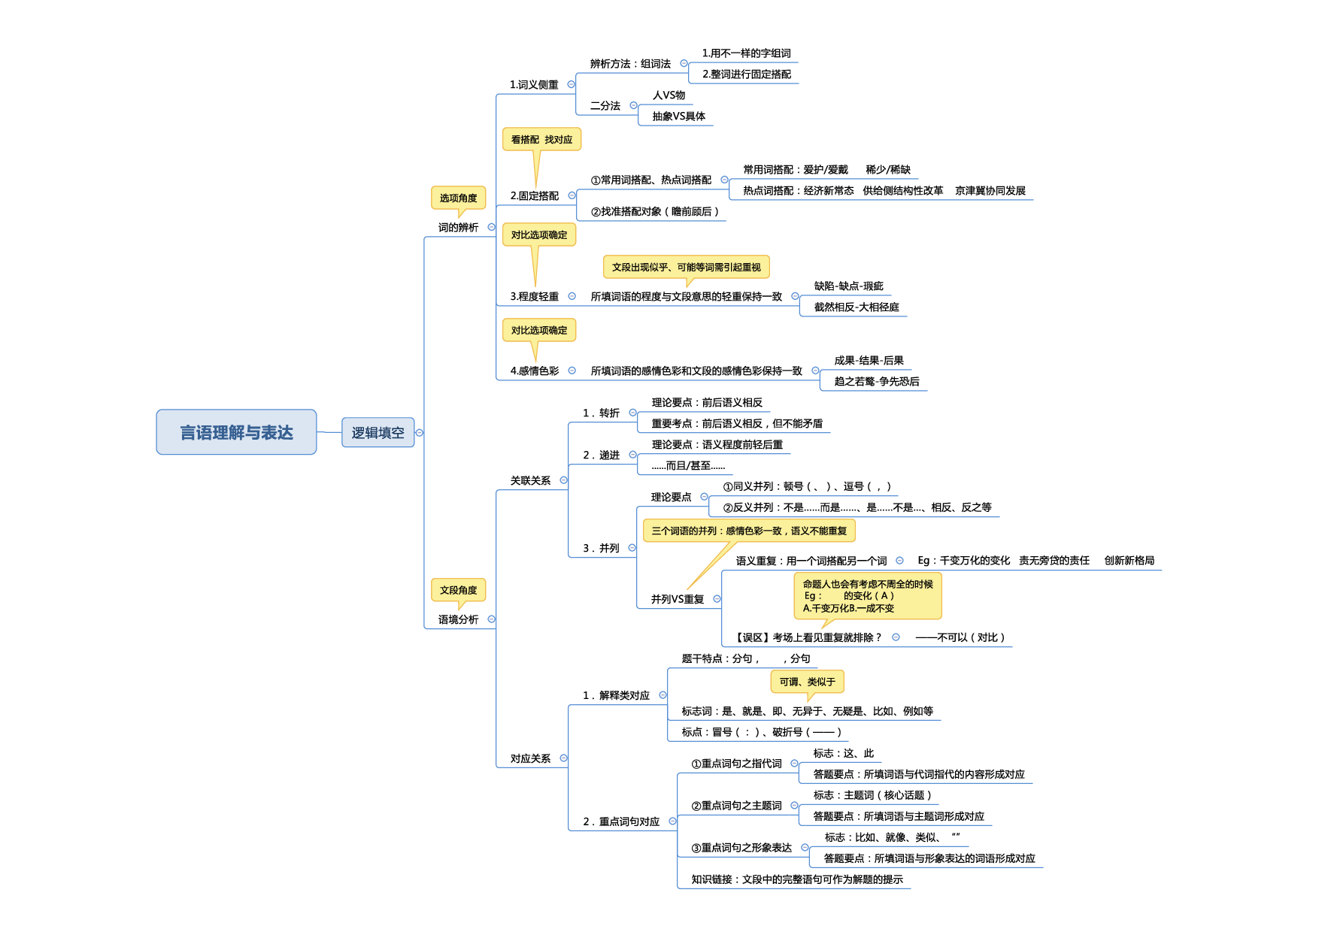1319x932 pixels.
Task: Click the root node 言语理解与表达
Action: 236,432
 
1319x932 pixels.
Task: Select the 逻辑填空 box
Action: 378,432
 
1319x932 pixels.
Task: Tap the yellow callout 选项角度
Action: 458,198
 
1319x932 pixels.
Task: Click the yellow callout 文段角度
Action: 458,590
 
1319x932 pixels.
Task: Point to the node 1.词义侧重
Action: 534,85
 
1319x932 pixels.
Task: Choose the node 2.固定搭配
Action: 534,195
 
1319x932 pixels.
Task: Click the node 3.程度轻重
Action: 534,296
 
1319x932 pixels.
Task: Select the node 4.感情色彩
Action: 534,371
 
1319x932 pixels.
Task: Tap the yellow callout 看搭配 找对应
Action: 541,139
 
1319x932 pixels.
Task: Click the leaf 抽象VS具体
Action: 678,116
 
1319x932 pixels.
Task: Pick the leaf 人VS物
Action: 669,95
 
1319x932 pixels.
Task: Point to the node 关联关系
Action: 530,480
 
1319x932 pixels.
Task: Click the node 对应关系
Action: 530,758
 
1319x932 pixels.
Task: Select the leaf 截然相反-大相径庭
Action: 856,307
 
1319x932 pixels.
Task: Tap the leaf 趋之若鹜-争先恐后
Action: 876,381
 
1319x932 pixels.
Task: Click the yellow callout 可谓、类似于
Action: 807,682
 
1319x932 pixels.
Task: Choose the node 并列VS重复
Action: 677,599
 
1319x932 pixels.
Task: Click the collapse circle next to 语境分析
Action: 491,619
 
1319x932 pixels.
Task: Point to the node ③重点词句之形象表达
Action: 741,847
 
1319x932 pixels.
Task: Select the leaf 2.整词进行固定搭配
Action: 746,74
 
